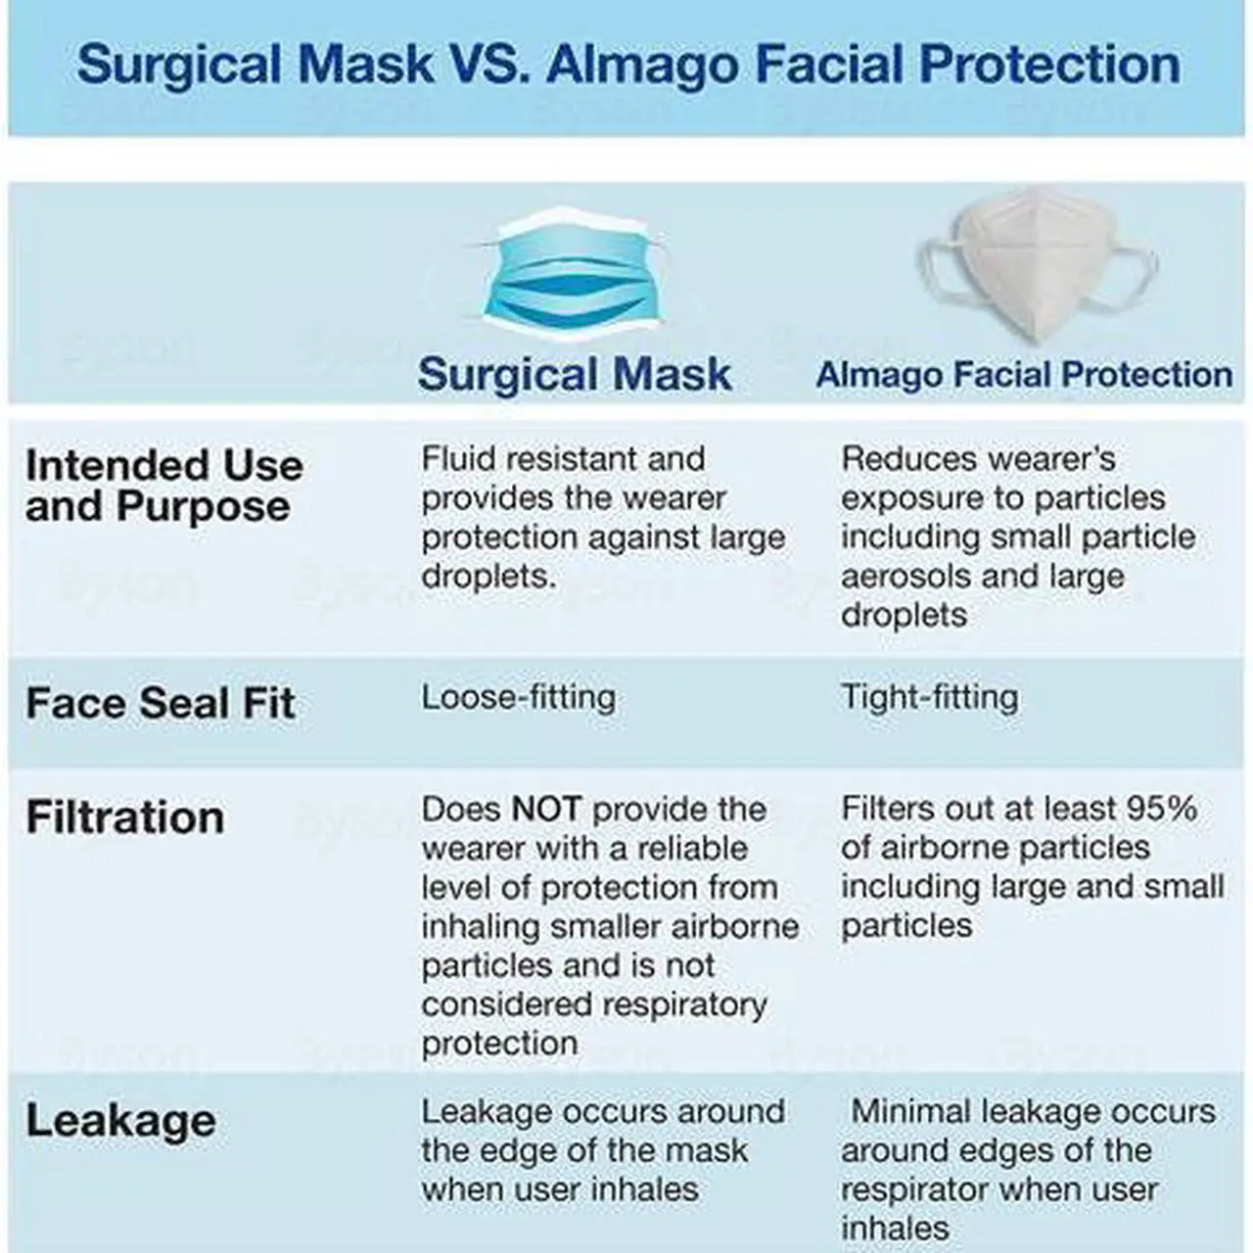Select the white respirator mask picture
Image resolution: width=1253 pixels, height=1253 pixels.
1037,264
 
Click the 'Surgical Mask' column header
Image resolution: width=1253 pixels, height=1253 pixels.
575,374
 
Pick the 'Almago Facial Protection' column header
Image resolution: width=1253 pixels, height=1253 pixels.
1024,375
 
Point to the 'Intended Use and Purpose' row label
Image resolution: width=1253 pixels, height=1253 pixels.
164,486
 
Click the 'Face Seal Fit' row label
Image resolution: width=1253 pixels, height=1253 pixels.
161,703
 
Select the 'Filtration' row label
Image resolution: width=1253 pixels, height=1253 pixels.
125,816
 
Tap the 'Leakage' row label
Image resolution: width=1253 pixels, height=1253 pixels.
121,1121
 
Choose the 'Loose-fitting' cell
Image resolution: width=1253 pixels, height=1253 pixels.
519,699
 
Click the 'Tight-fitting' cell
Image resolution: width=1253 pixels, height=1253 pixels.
930,699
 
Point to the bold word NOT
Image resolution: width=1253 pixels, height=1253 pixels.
546,810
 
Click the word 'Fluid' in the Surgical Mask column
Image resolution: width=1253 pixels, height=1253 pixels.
458,459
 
